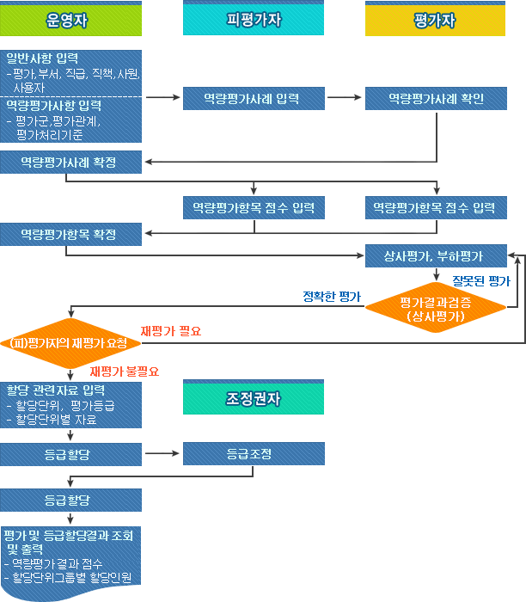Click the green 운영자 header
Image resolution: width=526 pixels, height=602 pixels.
(70, 20)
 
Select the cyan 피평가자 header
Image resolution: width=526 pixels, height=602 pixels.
(253, 20)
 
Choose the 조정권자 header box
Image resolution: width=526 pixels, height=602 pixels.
(253, 398)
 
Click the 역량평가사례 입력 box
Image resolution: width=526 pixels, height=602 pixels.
(253, 99)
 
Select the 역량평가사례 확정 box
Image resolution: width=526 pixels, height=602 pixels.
(70, 163)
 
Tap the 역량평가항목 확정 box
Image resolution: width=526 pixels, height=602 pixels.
(70, 234)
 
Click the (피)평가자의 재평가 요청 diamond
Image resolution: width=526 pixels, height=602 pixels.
(69, 343)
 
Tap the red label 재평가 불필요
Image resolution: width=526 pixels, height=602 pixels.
(125, 372)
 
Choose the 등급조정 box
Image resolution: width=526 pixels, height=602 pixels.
(253, 452)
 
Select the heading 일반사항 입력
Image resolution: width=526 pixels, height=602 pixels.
(43, 58)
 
